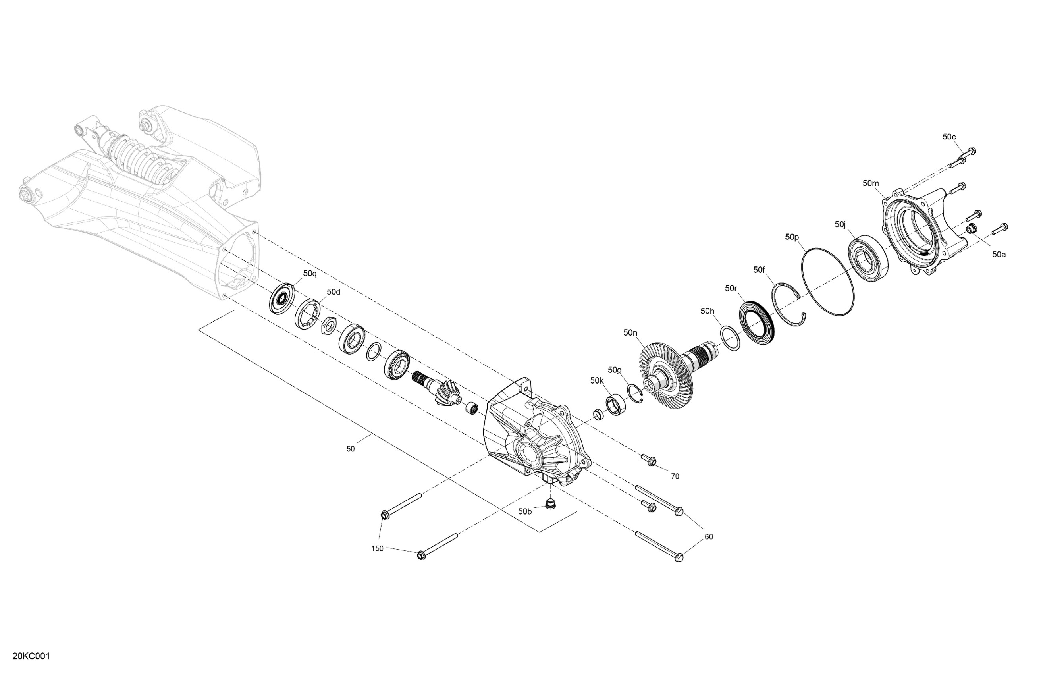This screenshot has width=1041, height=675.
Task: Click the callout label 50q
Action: pyautogui.click(x=310, y=274)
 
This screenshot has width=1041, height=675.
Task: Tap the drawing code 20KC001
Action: pyautogui.click(x=31, y=656)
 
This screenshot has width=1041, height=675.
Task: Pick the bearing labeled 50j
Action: pyautogui.click(x=868, y=258)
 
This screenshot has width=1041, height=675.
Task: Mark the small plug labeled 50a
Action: pyautogui.click(x=972, y=228)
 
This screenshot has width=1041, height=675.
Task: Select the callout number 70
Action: pyautogui.click(x=675, y=476)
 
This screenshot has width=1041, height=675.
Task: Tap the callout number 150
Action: pyautogui.click(x=377, y=549)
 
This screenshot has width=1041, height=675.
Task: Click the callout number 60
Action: pyautogui.click(x=709, y=537)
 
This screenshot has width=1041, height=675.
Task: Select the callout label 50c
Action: pyautogui.click(x=949, y=137)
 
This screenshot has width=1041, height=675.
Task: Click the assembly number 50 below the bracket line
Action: pyautogui.click(x=350, y=449)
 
